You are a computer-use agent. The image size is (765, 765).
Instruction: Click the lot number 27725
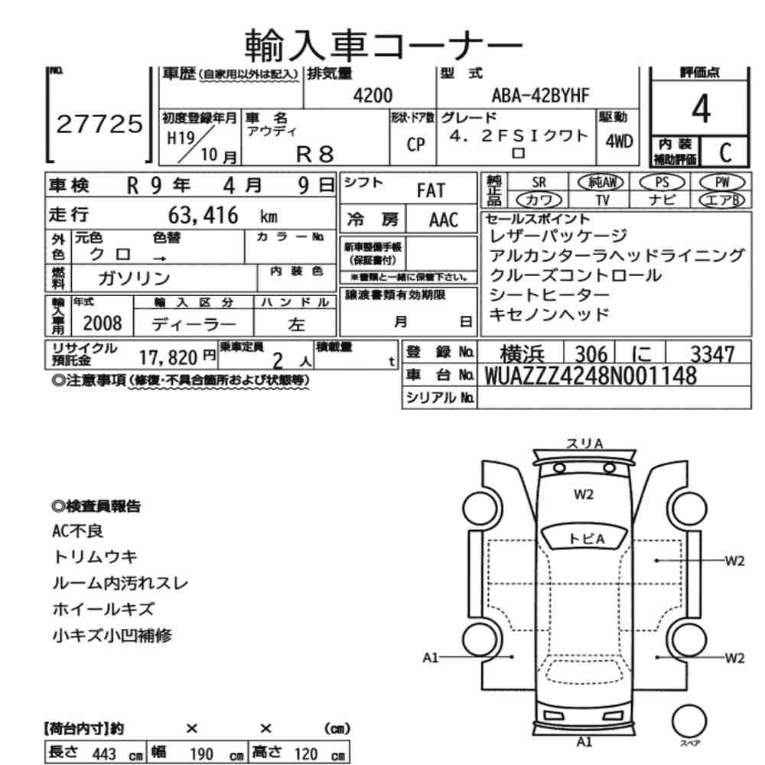pos(99,125)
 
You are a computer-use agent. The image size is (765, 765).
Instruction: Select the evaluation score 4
pos(701,109)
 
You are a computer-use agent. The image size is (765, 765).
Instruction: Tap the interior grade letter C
pos(725,153)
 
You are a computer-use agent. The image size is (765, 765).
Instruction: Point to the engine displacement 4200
pos(373,96)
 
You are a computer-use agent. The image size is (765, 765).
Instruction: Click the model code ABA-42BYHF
pos(540,96)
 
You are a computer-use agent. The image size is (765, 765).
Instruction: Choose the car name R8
pos(315,155)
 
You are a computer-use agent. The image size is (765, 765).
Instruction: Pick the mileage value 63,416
pos(203,215)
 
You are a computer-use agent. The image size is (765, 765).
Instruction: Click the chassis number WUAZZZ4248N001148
pos(591,376)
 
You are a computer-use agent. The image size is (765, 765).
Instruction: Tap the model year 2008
pos(103,323)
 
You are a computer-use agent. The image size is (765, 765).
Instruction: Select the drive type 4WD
pos(619,142)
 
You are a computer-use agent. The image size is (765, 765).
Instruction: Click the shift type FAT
pos(431,190)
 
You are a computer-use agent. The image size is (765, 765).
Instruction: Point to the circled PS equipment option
pos(662,183)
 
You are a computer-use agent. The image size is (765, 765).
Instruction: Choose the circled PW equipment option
pos(722,183)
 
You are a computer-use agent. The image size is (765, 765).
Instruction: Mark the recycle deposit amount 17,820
pos(168,358)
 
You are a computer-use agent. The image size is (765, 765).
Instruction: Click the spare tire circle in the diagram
pos(689,721)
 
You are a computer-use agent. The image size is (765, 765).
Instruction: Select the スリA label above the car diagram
pos(584,444)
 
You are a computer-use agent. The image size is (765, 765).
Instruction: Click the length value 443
pos(104,754)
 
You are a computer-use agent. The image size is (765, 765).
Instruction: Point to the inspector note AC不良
pos(77,531)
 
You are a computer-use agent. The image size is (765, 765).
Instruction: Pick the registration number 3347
pos(712,354)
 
